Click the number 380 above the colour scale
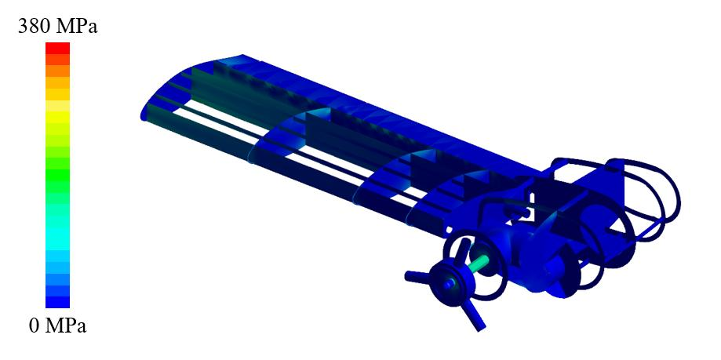click(x=34, y=27)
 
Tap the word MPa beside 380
click(x=77, y=27)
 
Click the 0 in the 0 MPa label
click(x=34, y=326)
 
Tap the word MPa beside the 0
click(x=66, y=326)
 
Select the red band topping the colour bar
click(x=57, y=49)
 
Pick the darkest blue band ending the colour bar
click(x=57, y=302)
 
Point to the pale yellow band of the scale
click(x=57, y=106)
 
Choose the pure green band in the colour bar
click(x=57, y=175)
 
